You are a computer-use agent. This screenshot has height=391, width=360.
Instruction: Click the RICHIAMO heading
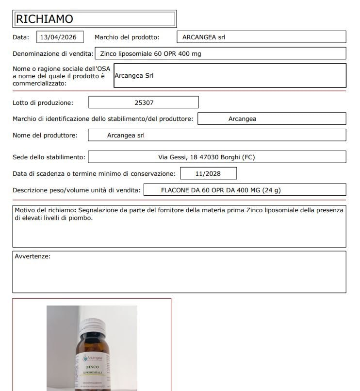[45, 19]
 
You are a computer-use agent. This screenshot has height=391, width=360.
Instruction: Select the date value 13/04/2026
[59, 37]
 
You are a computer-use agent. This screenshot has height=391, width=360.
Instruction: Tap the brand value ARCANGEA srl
[204, 37]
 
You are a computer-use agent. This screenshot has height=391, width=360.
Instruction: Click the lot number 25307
[144, 102]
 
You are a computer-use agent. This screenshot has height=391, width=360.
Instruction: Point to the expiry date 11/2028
[208, 173]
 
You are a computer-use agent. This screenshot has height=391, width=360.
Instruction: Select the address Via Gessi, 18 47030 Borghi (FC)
[207, 157]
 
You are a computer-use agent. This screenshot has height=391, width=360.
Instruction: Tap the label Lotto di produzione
[43, 102]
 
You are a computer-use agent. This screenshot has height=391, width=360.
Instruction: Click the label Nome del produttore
[45, 135]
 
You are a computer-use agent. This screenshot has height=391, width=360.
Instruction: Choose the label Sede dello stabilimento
[49, 157]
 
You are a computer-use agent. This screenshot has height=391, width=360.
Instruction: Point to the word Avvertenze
[33, 256]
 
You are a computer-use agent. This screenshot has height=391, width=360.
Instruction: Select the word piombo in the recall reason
[81, 218]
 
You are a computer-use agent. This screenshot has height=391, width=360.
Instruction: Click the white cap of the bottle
[91, 325]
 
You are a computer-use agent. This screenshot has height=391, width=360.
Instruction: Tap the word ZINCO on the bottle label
[92, 366]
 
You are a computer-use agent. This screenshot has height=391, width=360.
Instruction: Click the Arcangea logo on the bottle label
[92, 358]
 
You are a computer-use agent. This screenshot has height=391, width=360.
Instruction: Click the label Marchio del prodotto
[127, 37]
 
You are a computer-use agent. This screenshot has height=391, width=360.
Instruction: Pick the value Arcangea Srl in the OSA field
[134, 76]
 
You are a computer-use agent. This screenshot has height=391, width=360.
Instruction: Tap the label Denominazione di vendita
[52, 53]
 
